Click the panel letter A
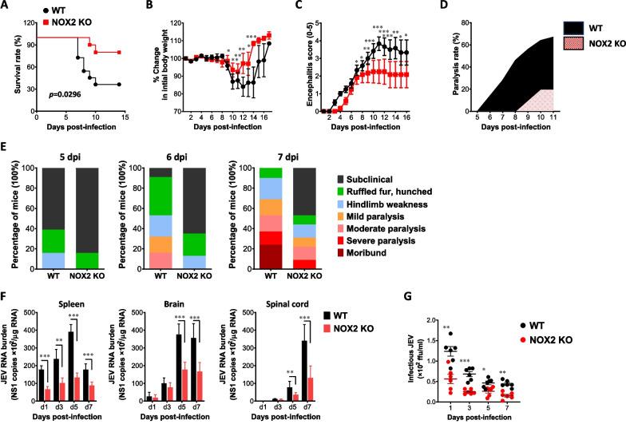click(6, 6)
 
